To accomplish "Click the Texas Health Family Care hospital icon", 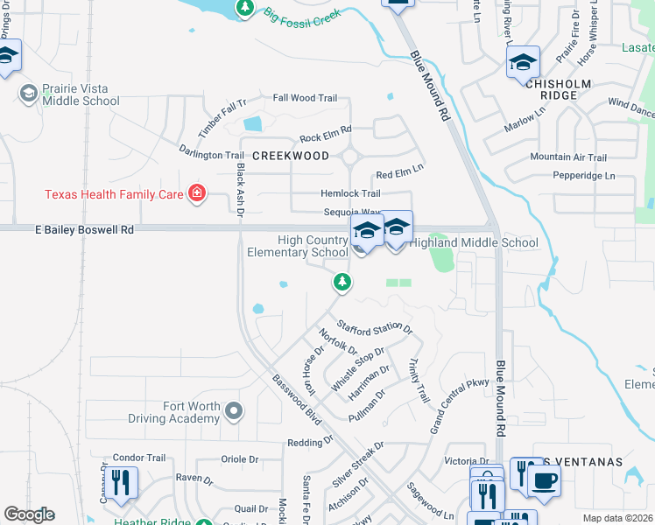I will (196, 193).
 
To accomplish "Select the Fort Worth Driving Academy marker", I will (233, 409).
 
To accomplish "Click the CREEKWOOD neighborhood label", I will (291, 156).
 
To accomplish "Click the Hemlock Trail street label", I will (352, 193).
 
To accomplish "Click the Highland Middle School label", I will (473, 242).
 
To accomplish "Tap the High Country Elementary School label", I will (299, 247).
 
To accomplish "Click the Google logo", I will (29, 514).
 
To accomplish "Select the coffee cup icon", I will (544, 479).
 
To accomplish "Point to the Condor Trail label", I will (139, 458).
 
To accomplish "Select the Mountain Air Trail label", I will (568, 157).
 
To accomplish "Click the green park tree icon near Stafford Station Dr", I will (342, 282).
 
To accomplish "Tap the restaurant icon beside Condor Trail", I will (121, 482).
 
